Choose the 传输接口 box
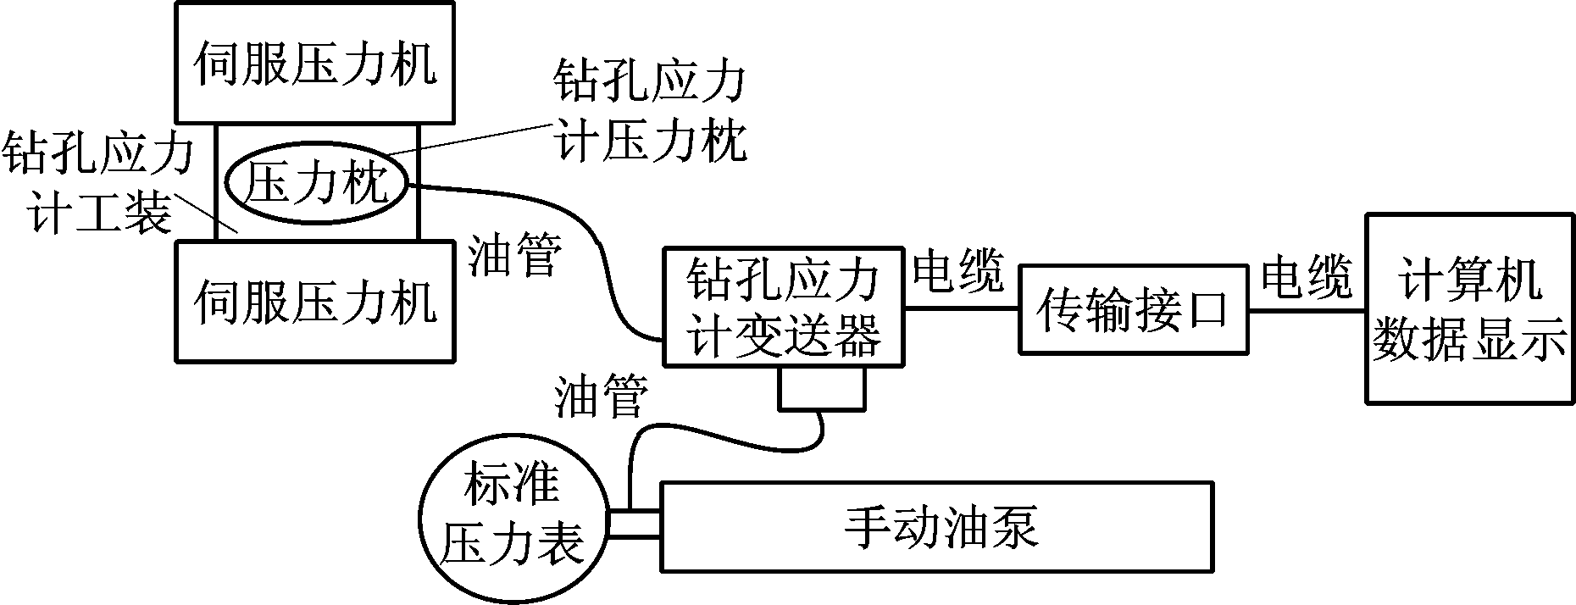(1133, 309)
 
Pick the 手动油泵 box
(937, 526)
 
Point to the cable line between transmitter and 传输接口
(961, 308)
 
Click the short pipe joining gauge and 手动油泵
(634, 525)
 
